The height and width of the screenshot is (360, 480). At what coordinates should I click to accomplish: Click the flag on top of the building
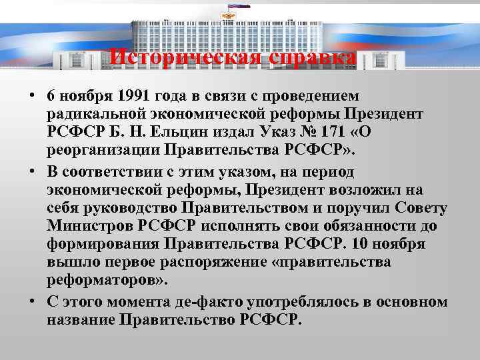tap(239, 6)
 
